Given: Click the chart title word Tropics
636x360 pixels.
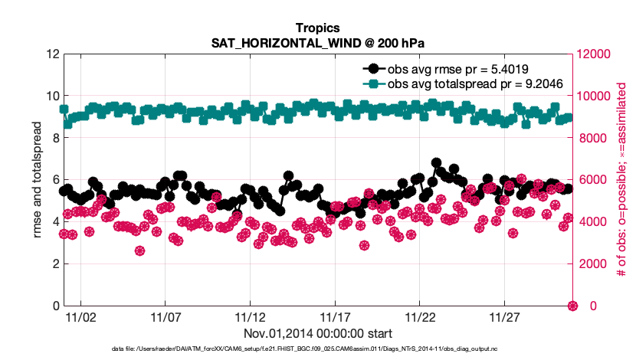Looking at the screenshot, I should pos(316,28).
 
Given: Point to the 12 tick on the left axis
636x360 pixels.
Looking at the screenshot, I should pos(53,54).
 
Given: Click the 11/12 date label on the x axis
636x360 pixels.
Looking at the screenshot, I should pos(249,317).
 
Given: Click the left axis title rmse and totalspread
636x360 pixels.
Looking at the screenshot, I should pos(38,180).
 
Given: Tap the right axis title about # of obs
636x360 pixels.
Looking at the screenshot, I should pos(622,180).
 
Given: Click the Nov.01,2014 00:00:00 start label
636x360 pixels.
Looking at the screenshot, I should pos(317,333).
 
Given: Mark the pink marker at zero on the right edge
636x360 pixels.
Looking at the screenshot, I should pos(572,306).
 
